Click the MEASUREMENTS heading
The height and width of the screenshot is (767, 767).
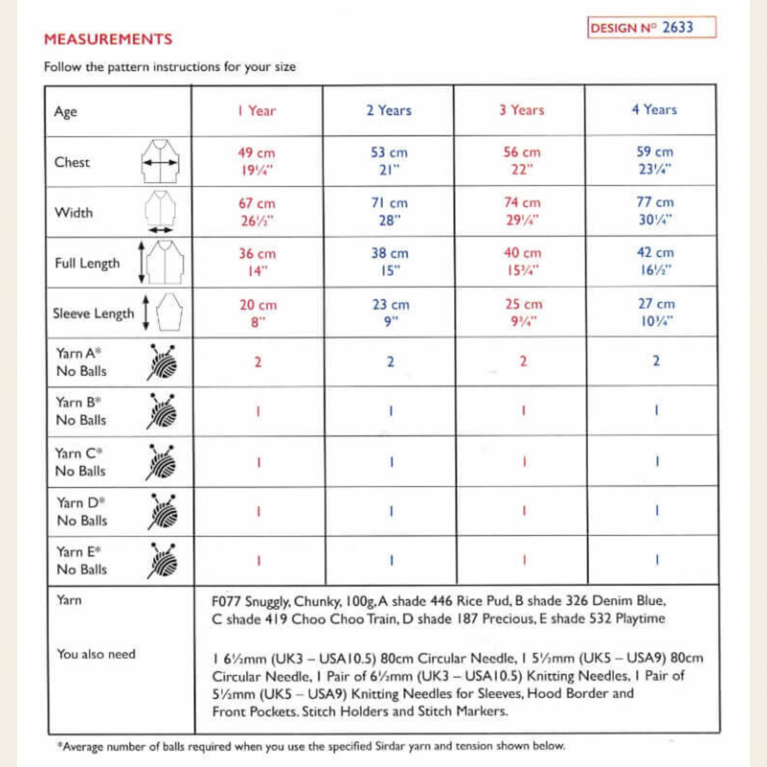pos(108,39)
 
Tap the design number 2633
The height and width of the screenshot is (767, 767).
pos(677,27)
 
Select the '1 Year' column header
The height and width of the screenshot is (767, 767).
pos(256,111)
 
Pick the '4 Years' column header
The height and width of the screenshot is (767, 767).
pos(654,110)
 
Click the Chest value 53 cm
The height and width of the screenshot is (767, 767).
pos(389,152)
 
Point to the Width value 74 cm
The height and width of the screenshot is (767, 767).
pos(522,202)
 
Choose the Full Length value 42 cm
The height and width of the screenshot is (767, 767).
pos(655,252)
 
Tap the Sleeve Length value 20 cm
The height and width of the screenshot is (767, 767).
pos(258,304)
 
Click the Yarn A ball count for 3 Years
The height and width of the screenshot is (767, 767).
pos(523,361)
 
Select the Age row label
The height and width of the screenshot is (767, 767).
pos(66,112)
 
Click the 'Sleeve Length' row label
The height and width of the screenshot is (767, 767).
pos(93,314)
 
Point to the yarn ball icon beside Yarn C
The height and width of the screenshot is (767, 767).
pos(162,462)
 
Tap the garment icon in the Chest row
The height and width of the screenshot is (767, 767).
pos(161,162)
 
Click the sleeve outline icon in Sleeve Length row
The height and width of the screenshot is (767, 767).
pos(169,312)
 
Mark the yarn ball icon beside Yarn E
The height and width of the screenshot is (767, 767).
pos(163,560)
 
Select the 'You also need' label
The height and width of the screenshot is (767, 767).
pos(96,654)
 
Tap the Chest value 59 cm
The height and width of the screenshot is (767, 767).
pos(654,152)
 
